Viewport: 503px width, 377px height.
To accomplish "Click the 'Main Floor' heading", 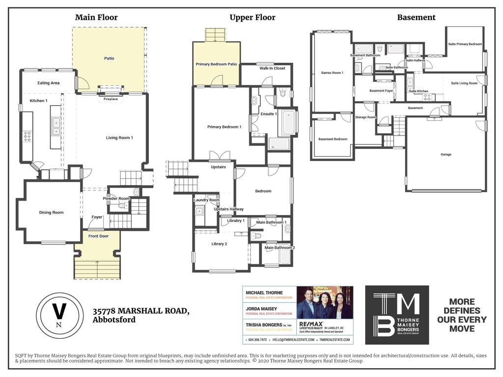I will (x=96, y=18).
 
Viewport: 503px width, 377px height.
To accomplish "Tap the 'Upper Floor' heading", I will (x=252, y=18).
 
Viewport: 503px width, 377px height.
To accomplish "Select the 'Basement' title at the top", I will (x=416, y=18).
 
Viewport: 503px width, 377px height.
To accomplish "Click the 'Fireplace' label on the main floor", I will (x=111, y=99).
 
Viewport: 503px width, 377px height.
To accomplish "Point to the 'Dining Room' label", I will (x=52, y=213).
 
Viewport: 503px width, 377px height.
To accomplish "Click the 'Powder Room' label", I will (x=116, y=198).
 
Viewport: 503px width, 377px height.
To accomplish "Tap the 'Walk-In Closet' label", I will (x=272, y=68).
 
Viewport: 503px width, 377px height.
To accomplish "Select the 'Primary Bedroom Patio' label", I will (x=216, y=64).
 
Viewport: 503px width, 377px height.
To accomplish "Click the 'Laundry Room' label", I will (x=207, y=200).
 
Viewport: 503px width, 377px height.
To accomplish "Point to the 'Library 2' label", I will (x=219, y=244).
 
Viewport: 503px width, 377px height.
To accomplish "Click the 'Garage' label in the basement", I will (x=446, y=155).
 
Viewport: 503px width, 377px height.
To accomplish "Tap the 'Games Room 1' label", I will (x=332, y=73).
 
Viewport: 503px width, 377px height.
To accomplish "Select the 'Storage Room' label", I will (x=365, y=117).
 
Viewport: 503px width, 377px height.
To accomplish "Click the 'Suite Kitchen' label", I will (x=419, y=91).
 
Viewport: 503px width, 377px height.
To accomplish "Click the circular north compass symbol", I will (x=58, y=315).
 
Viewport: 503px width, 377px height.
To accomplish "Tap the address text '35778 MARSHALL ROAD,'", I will (x=141, y=311).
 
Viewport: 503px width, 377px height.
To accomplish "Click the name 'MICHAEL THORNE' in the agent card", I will (x=264, y=293).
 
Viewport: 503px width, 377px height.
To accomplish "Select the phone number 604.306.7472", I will (x=257, y=340).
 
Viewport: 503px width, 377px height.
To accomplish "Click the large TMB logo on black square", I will (x=397, y=315).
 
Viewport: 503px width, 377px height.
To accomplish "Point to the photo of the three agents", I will (x=325, y=303).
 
